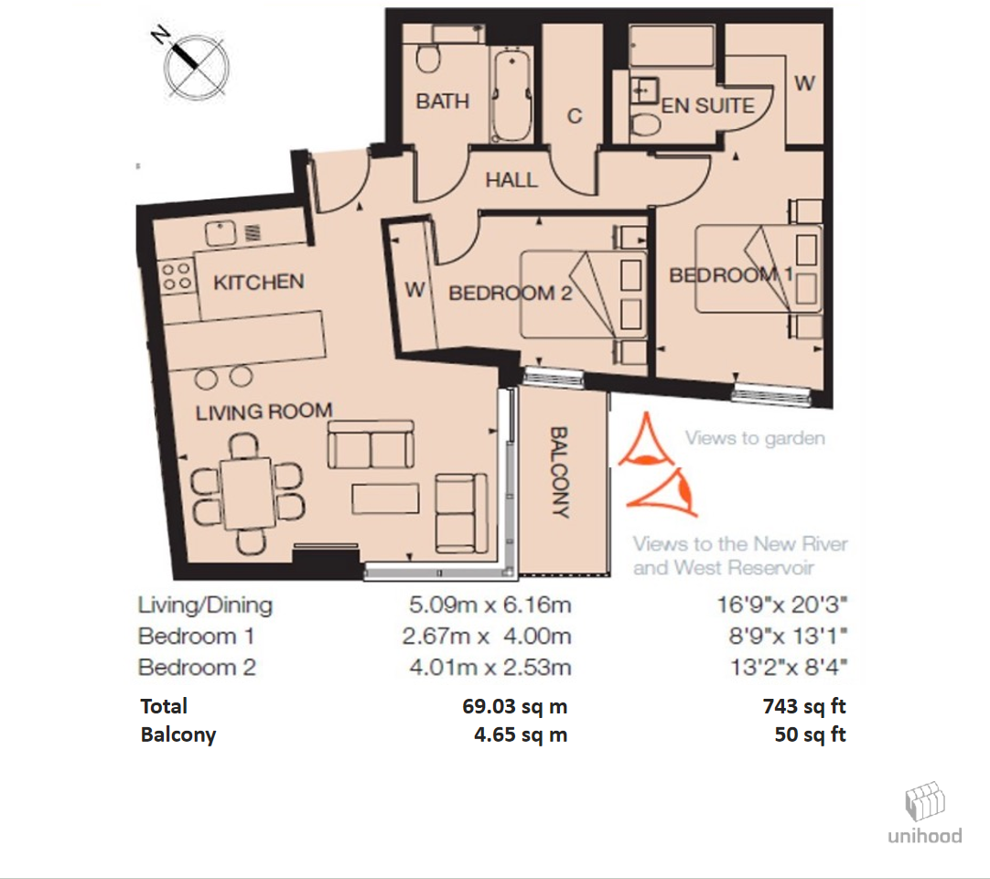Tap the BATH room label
coord(442,101)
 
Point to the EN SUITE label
coord(707,105)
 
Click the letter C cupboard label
coord(575,116)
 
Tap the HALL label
coord(511,180)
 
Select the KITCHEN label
coord(258,282)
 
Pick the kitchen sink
coord(221,234)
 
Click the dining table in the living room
coord(246,492)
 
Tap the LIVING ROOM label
coord(264,412)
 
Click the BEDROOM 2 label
coord(502,293)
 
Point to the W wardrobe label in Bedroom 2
coord(414,290)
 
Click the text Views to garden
coord(755,438)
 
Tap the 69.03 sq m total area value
coord(515,706)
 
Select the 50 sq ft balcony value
coord(810,734)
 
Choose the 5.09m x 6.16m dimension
coord(490,605)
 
